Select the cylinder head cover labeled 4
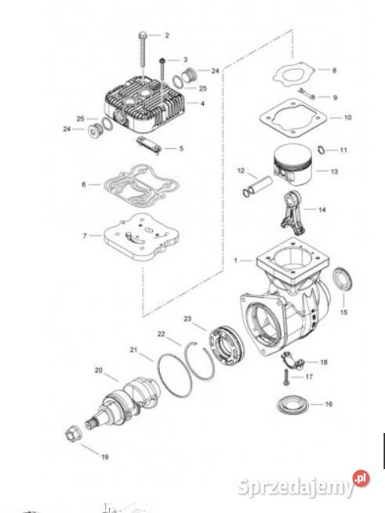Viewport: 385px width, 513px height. click(146, 104)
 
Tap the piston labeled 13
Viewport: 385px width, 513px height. click(292, 165)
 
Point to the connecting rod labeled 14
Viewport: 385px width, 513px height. click(292, 213)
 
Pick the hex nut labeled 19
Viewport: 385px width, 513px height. click(72, 435)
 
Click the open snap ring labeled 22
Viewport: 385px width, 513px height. click(199, 361)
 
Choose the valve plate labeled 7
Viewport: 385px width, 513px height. click(141, 237)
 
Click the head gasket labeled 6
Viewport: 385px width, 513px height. click(141, 185)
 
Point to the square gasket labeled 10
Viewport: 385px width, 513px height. click(293, 118)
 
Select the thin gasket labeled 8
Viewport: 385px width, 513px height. click(294, 75)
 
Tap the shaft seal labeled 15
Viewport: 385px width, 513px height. click(343, 279)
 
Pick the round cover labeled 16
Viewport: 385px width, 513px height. click(292, 405)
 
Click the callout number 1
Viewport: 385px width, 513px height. click(235, 260)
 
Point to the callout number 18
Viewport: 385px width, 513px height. click(324, 362)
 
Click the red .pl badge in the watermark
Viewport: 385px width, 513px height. click(361, 478)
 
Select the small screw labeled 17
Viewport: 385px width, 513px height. click(285, 377)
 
